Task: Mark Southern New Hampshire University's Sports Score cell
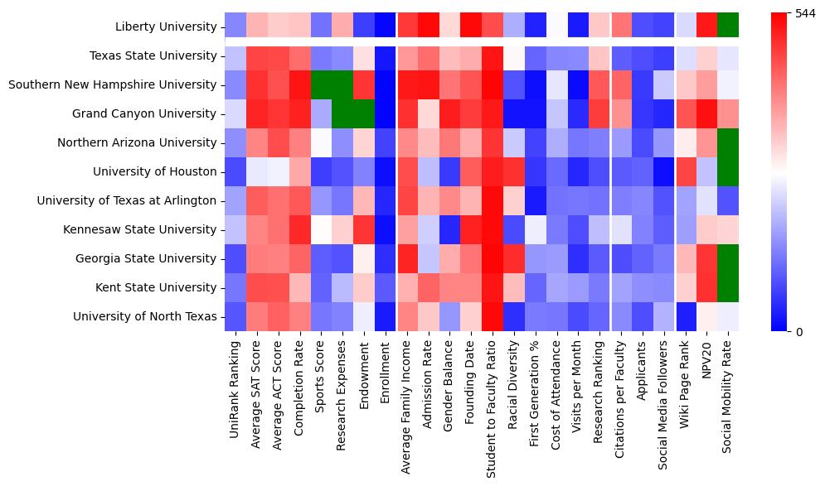(x=320, y=85)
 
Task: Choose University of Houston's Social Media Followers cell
(x=664, y=171)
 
